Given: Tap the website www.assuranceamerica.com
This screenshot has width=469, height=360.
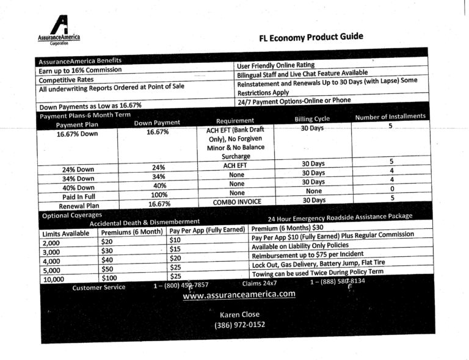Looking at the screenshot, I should click(239, 294).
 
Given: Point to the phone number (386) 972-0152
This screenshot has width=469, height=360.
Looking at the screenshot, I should click(240, 325).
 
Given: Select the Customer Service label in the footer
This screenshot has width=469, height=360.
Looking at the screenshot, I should click(98, 287).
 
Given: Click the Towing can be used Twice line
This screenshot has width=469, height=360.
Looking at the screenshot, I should click(317, 272).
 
